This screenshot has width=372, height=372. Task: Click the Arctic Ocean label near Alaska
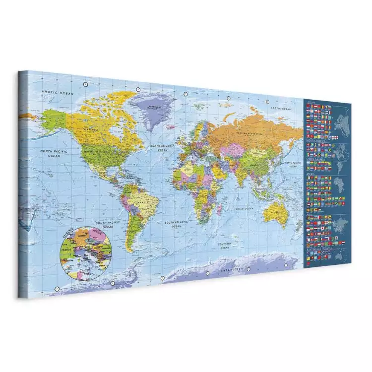[57, 93]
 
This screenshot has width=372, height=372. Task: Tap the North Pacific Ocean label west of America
[54, 153]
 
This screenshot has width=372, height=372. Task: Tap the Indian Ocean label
[244, 208]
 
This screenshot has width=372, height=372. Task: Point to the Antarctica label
[232, 268]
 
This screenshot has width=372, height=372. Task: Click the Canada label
[91, 130]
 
